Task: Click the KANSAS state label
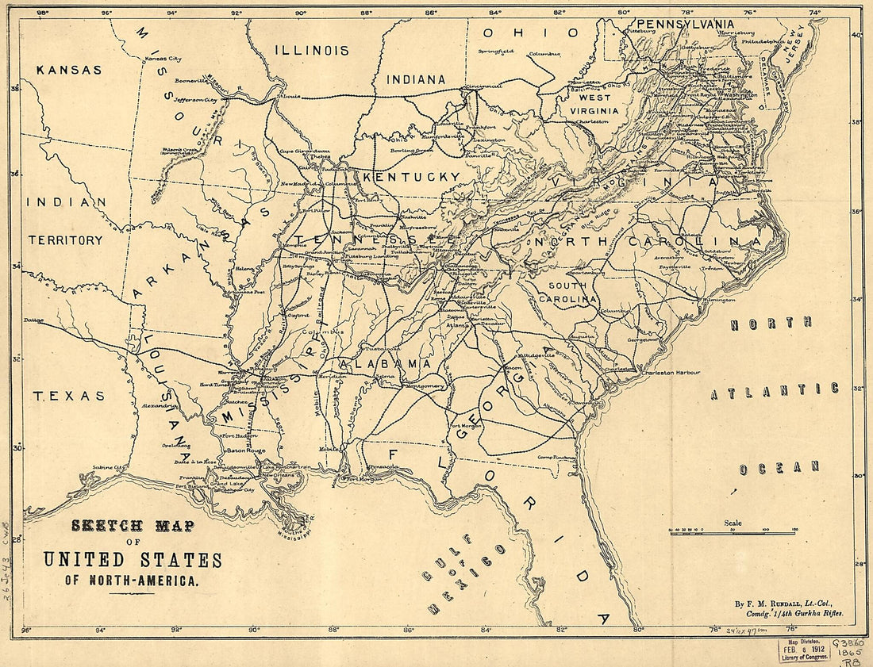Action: click(70, 70)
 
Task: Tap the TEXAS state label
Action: click(68, 396)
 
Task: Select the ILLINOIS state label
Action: click(311, 50)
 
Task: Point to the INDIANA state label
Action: click(416, 79)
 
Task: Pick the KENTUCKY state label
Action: click(411, 176)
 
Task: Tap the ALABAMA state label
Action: click(385, 363)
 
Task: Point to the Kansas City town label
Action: click(162, 59)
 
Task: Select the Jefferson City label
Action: click(195, 101)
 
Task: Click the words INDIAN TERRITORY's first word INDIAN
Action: click(67, 202)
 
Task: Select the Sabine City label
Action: click(109, 468)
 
